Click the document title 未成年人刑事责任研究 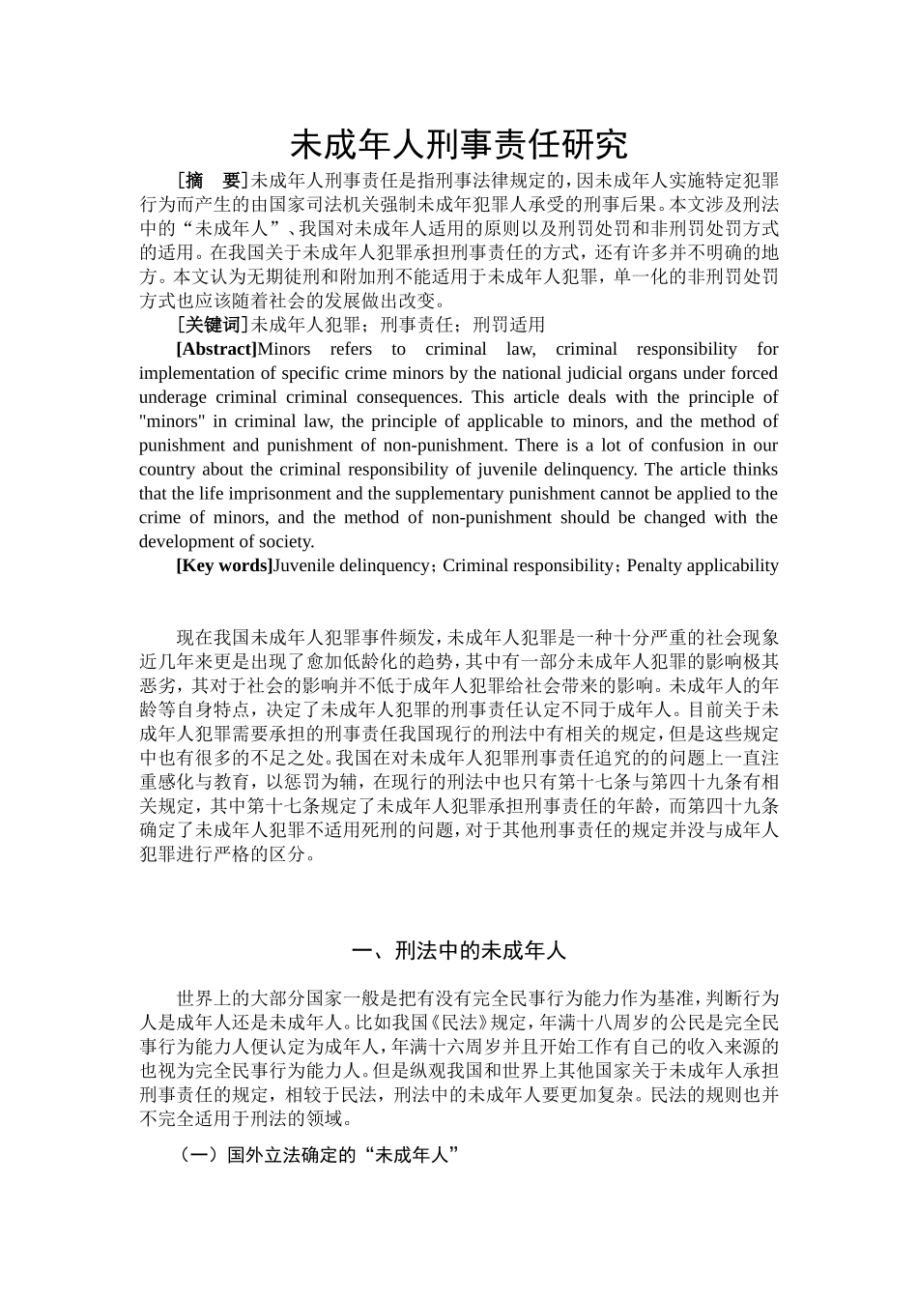(459, 145)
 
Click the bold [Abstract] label (216, 349)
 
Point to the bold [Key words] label (224, 565)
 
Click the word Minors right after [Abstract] (284, 349)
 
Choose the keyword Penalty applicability (703, 565)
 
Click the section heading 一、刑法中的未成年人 (459, 951)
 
